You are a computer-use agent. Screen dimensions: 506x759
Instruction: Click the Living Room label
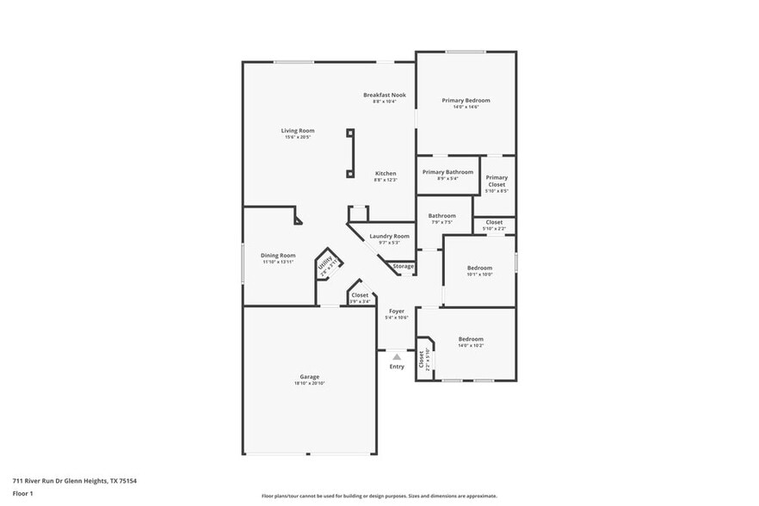click(298, 131)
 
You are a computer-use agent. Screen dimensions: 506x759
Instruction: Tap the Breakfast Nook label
click(384, 95)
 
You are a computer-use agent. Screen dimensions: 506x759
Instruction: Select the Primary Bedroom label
click(466, 101)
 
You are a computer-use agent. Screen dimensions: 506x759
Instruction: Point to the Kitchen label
click(385, 173)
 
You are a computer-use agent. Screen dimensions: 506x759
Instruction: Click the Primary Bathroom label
click(447, 172)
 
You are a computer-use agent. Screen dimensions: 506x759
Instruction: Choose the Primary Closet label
click(497, 182)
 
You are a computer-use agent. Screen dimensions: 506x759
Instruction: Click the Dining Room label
click(279, 255)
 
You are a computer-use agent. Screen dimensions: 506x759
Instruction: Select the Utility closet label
click(325, 265)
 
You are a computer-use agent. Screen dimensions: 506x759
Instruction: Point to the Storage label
click(404, 266)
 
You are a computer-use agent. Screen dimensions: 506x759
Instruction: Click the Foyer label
click(397, 311)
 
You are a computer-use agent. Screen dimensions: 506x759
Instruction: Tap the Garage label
click(310, 376)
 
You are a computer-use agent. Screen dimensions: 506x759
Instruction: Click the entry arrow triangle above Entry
click(396, 355)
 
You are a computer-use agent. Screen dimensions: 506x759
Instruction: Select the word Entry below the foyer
click(397, 367)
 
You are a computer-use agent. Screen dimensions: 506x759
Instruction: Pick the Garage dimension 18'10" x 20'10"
click(310, 383)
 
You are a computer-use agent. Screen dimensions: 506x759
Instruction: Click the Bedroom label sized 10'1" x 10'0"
click(479, 268)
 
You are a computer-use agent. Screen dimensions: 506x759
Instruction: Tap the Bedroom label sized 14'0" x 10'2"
click(471, 339)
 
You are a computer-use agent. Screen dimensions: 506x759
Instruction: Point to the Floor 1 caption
click(22, 493)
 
